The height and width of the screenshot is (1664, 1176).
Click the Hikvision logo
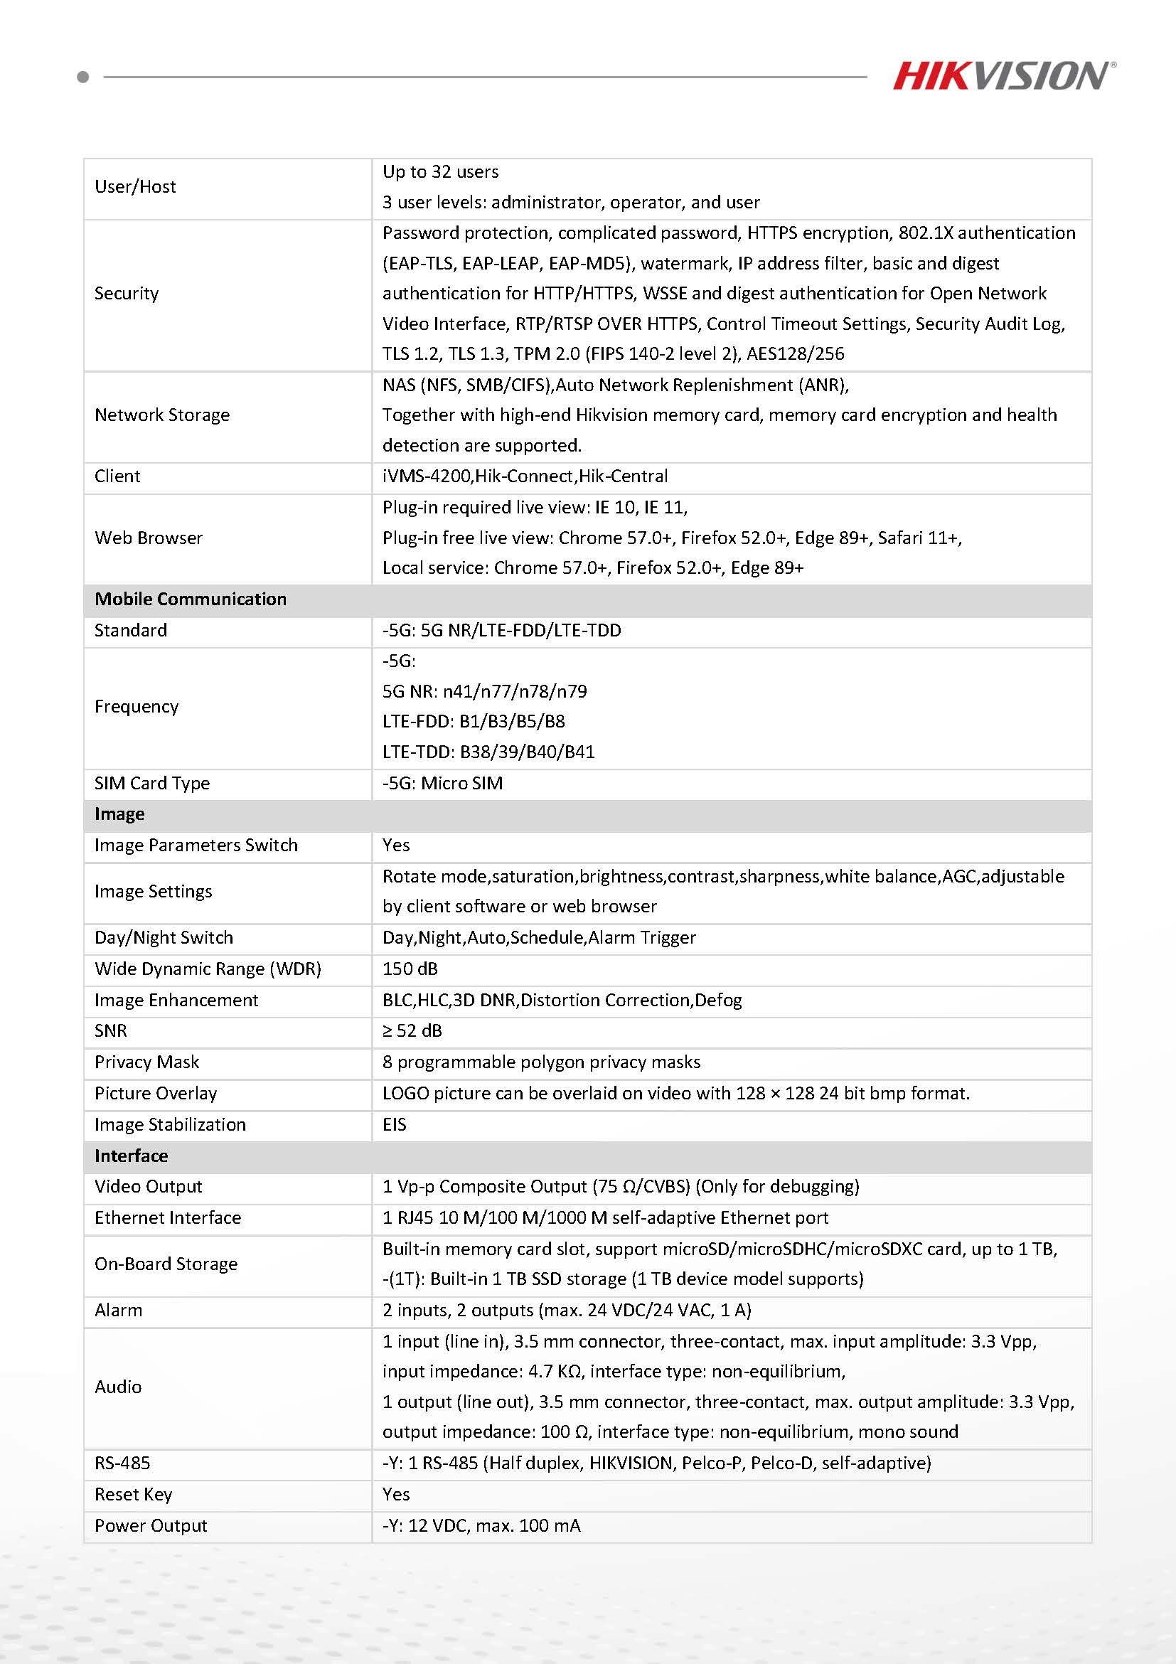point(1003,76)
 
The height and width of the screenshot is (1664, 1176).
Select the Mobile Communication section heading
point(191,599)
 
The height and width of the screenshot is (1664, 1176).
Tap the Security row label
point(127,294)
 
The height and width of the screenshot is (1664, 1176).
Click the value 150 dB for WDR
point(410,969)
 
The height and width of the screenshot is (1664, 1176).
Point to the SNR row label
point(111,1030)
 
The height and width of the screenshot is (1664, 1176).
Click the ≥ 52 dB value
point(412,1030)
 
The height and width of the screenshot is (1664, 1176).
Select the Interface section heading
point(131,1156)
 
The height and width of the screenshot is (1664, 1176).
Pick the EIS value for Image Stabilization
point(395,1125)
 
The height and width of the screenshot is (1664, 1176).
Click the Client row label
point(117,476)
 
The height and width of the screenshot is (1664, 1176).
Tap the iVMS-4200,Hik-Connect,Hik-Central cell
point(525,476)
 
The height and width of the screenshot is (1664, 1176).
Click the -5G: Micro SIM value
point(443,784)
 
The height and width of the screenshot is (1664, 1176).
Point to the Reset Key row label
point(134,1495)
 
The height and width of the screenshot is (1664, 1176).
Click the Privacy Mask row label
point(147,1062)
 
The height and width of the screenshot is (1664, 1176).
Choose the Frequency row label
point(137,707)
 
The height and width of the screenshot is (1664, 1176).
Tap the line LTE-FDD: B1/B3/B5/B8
point(474,722)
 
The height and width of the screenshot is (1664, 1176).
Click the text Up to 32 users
point(441,172)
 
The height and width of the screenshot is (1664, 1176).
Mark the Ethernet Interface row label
point(168,1217)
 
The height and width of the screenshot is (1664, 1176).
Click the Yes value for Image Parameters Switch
point(396,845)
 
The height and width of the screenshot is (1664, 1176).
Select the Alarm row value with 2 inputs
point(567,1311)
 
